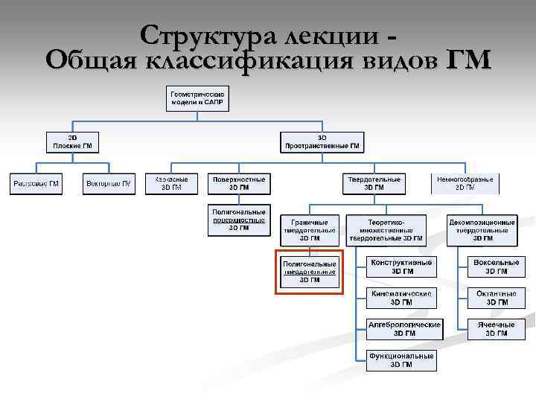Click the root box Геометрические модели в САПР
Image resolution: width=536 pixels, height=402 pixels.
tap(197, 99)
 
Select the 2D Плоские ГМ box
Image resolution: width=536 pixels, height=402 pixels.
tap(72, 142)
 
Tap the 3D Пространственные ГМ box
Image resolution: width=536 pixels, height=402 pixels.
tap(322, 142)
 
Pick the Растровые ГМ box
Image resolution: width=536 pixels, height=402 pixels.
tap(36, 184)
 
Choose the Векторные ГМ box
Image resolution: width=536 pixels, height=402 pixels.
tap(109, 184)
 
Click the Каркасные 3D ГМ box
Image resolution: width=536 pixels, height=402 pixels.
tap(171, 184)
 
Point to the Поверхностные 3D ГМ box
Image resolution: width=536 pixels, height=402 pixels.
tap(239, 184)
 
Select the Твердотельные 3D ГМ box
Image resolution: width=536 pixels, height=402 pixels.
tap(374, 184)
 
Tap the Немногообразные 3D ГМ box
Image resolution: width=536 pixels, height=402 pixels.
tap(465, 184)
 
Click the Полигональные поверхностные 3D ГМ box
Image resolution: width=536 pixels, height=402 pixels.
tap(239, 220)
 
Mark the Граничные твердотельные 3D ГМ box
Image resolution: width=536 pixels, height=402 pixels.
tap(310, 230)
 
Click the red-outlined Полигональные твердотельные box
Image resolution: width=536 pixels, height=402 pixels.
tap(310, 272)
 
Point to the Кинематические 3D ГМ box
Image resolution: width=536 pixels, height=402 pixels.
tap(402, 298)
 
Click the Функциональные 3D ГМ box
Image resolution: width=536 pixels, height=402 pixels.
tap(402, 360)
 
